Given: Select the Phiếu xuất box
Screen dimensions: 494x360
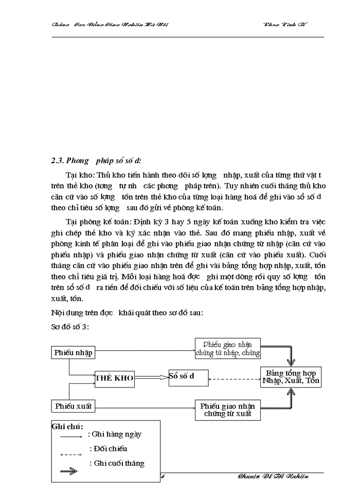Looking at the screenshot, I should point(74,406).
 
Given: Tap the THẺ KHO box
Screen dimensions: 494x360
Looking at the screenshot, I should point(115,378).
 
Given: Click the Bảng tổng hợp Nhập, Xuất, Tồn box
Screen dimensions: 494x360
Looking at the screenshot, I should point(291,377).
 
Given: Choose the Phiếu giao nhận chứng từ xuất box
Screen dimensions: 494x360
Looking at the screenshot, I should point(227,410).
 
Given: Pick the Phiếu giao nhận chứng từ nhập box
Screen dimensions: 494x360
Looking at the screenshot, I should point(227,348).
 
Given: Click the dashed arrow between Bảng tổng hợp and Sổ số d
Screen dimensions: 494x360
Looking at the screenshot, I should point(235,380).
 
